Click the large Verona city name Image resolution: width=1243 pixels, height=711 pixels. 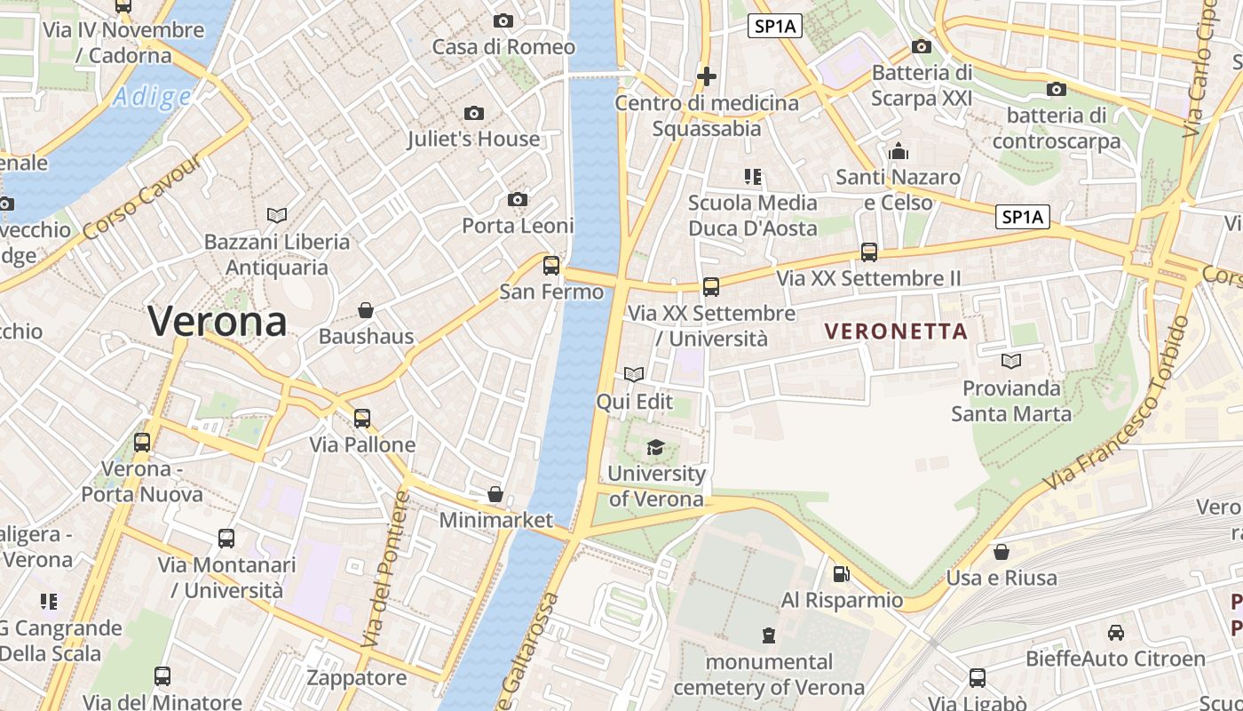(218, 321)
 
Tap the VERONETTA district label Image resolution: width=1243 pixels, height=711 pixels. (896, 332)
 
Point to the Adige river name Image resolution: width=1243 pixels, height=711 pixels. (152, 97)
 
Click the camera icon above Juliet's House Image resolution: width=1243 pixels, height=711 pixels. (474, 113)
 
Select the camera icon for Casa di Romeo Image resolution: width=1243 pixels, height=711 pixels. (503, 20)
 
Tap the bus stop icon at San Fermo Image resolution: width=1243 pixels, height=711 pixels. (551, 265)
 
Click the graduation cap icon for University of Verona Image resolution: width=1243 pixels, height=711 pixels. (655, 447)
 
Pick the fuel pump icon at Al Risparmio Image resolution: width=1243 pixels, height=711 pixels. (841, 574)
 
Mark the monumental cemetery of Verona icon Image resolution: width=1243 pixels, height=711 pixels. (769, 635)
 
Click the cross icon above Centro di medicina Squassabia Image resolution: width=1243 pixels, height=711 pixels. (707, 76)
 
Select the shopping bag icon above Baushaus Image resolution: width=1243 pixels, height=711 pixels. (365, 310)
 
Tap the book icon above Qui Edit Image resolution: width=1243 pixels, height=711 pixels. (634, 375)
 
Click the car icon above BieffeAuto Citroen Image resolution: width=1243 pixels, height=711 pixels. (1115, 633)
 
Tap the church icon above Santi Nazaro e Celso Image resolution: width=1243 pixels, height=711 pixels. (899, 151)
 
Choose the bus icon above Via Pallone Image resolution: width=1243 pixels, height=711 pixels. (362, 419)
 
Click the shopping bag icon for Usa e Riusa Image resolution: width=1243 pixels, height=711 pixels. (1002, 552)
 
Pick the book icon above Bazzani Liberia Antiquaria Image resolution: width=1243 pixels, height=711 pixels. (277, 215)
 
